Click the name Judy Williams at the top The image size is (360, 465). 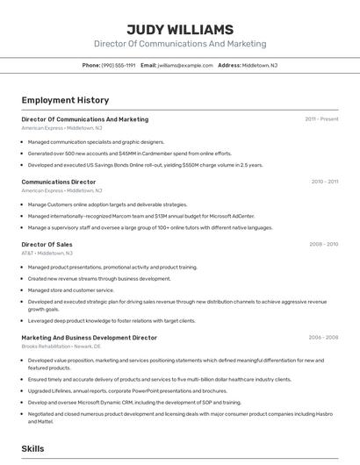179,29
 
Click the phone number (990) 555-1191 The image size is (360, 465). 119,65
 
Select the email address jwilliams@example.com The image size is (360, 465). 185,65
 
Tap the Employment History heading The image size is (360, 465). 65,100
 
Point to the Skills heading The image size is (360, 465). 32,448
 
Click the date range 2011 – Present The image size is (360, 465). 321,119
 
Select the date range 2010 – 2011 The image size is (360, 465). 324,182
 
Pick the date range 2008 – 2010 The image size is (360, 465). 323,245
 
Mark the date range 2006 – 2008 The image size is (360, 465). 323,337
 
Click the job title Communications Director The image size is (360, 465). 59,182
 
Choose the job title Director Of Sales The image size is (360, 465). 47,245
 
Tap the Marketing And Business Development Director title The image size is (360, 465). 89,337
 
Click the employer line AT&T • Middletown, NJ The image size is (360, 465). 47,253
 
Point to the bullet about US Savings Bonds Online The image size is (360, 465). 145,165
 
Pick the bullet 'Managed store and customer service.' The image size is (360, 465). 71,290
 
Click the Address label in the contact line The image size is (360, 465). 229,65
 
